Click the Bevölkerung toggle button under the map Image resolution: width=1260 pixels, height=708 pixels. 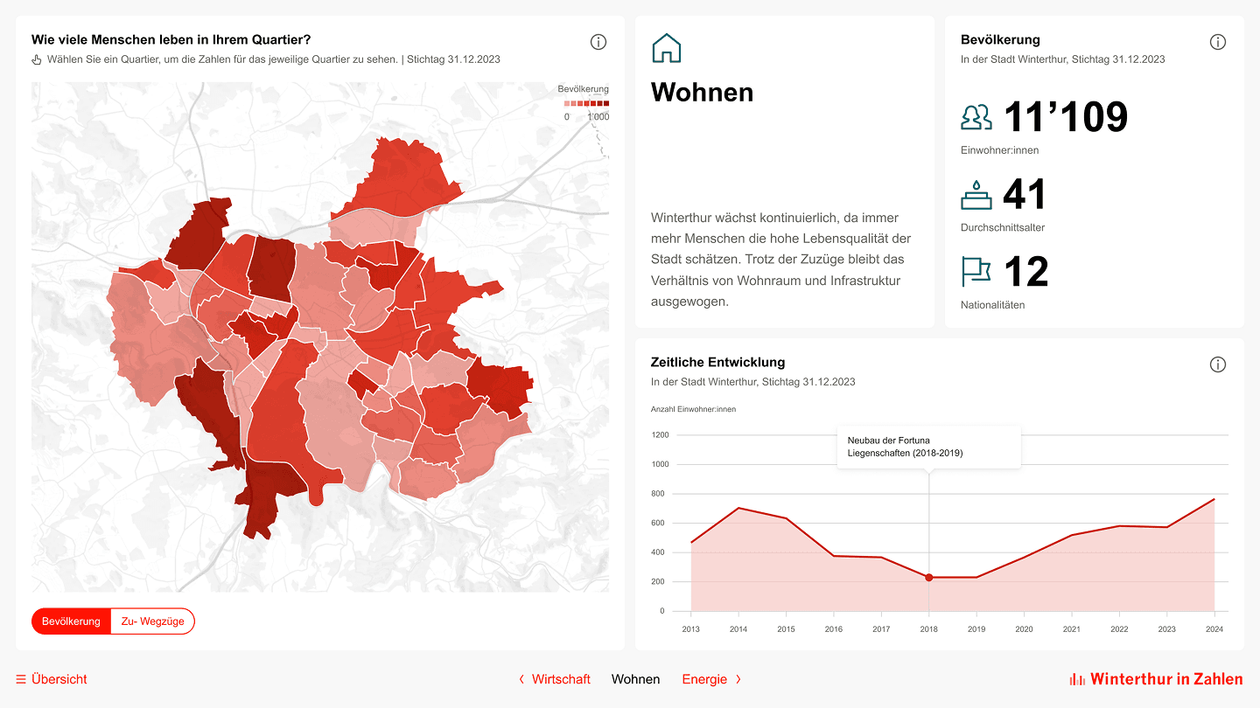pos(72,621)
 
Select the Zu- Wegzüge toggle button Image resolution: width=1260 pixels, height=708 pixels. pos(152,621)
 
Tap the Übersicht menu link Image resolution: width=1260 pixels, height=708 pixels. pos(52,679)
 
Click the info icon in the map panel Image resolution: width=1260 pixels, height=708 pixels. pos(598,42)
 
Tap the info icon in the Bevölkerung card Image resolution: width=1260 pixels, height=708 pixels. pos(1218,42)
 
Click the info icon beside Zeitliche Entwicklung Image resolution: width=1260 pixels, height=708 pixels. pos(1218,364)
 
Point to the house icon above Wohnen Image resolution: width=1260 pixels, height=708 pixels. pos(667,48)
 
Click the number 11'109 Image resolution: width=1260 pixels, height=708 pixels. pos(1065,117)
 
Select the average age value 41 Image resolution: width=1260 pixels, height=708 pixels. pos(1025,195)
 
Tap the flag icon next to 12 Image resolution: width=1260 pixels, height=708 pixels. pos(976,272)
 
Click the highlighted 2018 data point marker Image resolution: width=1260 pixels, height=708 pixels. pos(929,578)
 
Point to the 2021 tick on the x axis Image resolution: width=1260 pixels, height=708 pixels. pos(1072,629)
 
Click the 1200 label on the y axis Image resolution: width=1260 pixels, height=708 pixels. pos(660,435)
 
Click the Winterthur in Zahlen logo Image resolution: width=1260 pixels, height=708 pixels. pos(1156,679)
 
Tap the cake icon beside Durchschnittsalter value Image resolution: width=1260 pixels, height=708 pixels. pos(976,195)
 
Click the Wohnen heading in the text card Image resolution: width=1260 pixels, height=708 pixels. pos(703,92)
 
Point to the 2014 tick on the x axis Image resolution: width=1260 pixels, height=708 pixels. pos(738,629)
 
